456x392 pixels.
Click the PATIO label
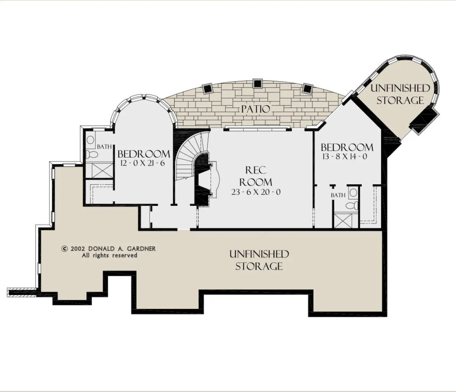pyautogui.click(x=255, y=109)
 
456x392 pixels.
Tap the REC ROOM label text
pyautogui.click(x=256, y=176)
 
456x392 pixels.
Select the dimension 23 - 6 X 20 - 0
pyautogui.click(x=256, y=192)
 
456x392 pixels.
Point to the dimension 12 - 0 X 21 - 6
pyautogui.click(x=143, y=163)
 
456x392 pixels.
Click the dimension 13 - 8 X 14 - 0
pyautogui.click(x=345, y=156)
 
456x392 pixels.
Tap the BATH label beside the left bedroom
pyautogui.click(x=104, y=147)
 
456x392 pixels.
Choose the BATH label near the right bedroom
pyautogui.click(x=338, y=195)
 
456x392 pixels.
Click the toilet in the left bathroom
pyautogui.click(x=92, y=154)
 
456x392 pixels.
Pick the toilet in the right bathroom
pyautogui.click(x=352, y=205)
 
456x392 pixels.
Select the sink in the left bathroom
pyautogui.click(x=90, y=139)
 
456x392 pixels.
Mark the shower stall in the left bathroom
pyautogui.click(x=99, y=170)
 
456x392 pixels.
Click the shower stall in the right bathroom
pyautogui.click(x=346, y=220)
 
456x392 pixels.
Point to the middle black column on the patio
pyautogui.click(x=257, y=83)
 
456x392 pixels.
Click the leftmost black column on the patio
pyautogui.click(x=207, y=89)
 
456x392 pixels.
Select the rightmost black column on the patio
pyautogui.click(x=307, y=89)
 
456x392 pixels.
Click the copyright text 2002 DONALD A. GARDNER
pyautogui.click(x=109, y=249)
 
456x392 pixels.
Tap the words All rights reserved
pyautogui.click(x=110, y=255)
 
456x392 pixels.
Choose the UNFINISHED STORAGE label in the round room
pyautogui.click(x=400, y=94)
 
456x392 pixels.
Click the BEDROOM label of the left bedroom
pyautogui.click(x=144, y=154)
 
